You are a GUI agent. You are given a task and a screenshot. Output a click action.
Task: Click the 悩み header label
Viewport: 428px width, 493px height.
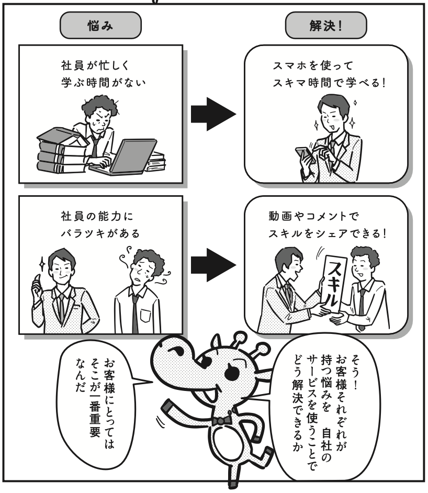tap(100, 26)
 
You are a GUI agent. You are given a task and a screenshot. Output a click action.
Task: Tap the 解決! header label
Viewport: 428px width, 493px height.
tap(325, 26)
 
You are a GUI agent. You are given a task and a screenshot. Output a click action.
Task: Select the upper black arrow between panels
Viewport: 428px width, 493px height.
tap(213, 114)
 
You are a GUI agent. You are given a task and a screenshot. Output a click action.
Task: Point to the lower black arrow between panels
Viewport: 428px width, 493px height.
tap(213, 265)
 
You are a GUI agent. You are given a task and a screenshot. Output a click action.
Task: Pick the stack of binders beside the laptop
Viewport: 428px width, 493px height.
tap(61, 151)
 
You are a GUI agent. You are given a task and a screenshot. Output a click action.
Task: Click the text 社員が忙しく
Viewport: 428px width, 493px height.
tap(95, 66)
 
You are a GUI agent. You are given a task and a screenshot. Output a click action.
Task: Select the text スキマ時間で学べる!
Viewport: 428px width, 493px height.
tap(329, 83)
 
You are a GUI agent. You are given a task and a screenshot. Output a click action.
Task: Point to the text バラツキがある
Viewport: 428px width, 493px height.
tap(100, 233)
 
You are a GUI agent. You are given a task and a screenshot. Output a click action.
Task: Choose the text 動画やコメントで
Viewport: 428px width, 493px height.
tap(313, 216)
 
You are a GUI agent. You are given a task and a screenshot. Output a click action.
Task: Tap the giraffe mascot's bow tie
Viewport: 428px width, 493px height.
tap(222, 420)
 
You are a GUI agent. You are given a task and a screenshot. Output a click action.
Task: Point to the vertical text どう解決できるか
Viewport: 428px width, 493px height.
tap(297, 404)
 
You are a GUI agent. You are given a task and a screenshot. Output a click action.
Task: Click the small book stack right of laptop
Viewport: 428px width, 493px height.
tap(156, 162)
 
